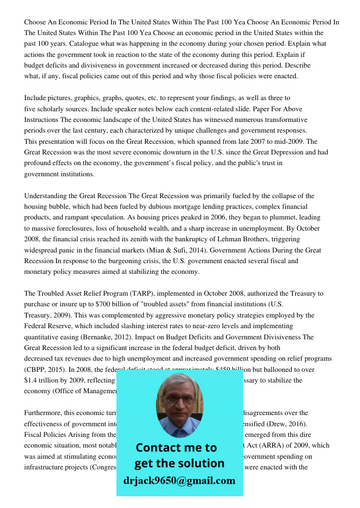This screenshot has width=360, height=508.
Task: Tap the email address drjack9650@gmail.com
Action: (x=179, y=481)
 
